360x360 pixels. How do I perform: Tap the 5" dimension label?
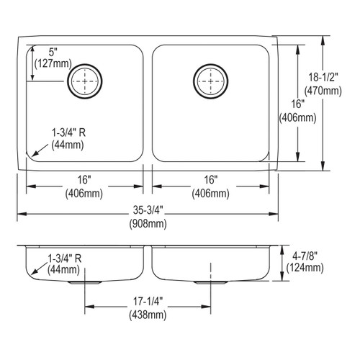click(x=53, y=52)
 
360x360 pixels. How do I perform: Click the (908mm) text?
click(x=148, y=224)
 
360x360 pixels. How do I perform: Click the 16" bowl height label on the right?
click(x=287, y=103)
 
